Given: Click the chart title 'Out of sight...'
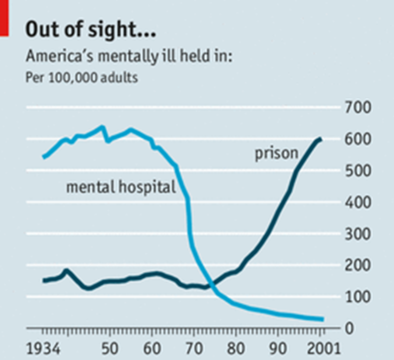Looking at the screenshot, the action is pos(91,30).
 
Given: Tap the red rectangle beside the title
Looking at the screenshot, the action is pos(4,18).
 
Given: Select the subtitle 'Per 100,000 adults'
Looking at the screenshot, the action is pos(82,77).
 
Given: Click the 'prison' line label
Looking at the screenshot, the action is pos(277,154).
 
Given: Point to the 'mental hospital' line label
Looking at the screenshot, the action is pos(121,187).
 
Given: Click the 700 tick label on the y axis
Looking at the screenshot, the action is pos(358,108).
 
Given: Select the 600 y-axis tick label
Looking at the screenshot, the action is pos(358,139).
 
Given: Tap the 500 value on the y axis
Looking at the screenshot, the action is pos(358,171).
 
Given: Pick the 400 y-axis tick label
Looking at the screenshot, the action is pos(358,202).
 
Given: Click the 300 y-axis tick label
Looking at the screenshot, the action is pos(358,234).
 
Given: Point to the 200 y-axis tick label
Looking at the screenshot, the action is pos(358,265).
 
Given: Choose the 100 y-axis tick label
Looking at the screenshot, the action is pos(358,297).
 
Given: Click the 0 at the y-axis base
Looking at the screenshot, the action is pos(350,328).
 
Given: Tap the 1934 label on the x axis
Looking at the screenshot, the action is pos(43,349).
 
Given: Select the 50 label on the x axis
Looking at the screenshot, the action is pos(110,349).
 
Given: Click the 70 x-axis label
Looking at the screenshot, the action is pos(194,349).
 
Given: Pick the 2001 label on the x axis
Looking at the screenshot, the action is pos(324,349).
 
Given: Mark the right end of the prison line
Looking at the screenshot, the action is pos(321,139).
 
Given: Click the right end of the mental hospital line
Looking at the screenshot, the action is pos(322,319).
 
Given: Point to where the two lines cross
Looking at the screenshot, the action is pos(212,284).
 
